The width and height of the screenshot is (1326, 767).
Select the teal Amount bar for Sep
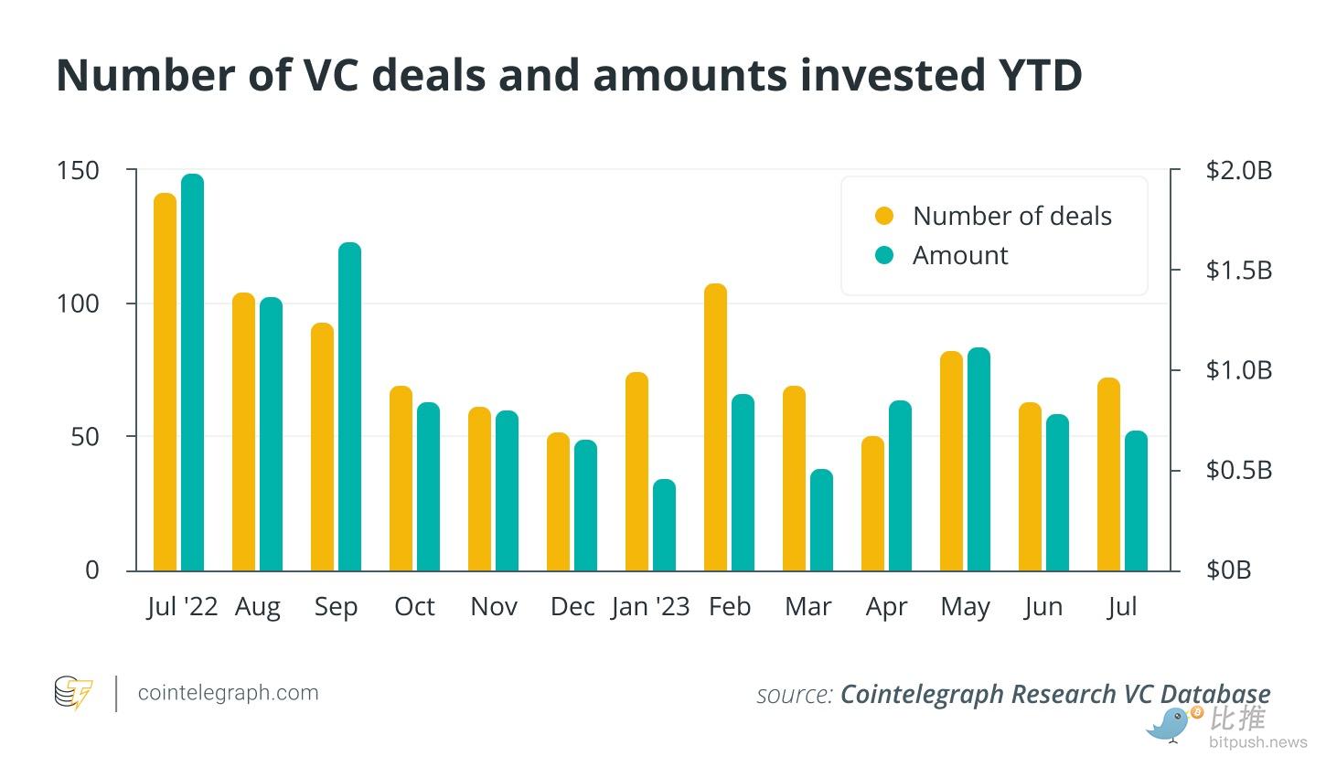(350, 407)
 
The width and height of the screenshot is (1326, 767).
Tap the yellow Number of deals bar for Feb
(715, 427)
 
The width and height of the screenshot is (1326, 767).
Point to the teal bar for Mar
(821, 520)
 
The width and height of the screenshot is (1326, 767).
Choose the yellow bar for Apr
(873, 504)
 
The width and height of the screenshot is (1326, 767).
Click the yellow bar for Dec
(558, 502)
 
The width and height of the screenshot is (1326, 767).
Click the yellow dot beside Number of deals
(884, 216)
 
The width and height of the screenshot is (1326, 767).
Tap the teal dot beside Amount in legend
(884, 255)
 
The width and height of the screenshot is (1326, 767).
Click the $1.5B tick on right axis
(1239, 271)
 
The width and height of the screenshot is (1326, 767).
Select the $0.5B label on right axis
(1239, 470)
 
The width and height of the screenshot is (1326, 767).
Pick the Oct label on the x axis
(414, 607)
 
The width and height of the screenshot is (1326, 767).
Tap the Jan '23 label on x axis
(650, 607)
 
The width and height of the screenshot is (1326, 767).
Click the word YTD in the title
(1029, 75)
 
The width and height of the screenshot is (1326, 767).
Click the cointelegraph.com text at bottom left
(228, 693)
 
